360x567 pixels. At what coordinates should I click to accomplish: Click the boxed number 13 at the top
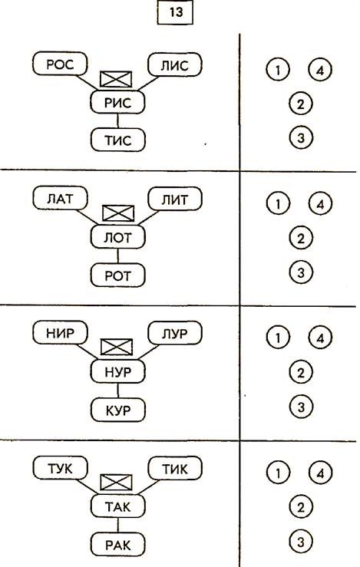click(175, 12)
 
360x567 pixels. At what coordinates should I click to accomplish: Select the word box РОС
click(60, 64)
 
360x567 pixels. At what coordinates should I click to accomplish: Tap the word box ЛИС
click(175, 64)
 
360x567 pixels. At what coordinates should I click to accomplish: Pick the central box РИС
click(117, 102)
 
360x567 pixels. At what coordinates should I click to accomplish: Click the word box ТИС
click(117, 140)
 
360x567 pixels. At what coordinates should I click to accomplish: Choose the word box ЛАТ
click(60, 198)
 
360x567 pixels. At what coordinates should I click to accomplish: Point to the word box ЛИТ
click(175, 198)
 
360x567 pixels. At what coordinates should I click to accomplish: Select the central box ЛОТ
click(117, 237)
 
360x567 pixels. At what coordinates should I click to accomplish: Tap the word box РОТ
click(117, 275)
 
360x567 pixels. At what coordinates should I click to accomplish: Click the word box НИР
click(60, 332)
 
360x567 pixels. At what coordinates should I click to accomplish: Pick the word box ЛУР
click(175, 332)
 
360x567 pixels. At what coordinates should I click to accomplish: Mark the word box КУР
click(117, 410)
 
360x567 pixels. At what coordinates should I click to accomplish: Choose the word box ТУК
click(60, 468)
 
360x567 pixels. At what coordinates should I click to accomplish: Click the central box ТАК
click(117, 506)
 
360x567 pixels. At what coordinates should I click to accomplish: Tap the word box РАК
click(117, 544)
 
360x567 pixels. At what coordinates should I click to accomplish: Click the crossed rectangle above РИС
click(116, 79)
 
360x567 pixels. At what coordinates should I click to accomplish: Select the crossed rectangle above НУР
click(116, 347)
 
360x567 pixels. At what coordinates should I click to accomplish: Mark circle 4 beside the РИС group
click(320, 70)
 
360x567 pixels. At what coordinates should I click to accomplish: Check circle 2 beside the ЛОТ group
click(301, 239)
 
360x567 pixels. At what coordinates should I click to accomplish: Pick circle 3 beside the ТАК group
click(301, 542)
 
